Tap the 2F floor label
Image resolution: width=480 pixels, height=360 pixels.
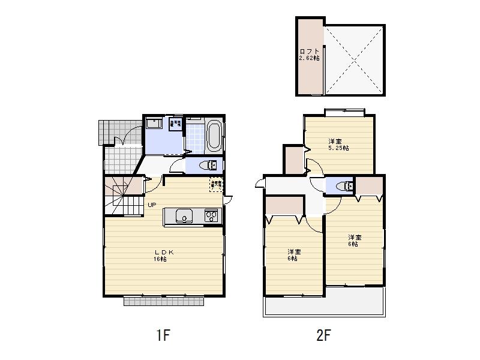(323, 335)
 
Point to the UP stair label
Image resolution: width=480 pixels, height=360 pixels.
(152, 205)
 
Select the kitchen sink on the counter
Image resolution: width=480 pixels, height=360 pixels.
(182, 215)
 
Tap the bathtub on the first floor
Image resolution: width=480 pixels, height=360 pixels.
(214, 136)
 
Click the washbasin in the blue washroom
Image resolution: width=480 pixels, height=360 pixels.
(153, 124)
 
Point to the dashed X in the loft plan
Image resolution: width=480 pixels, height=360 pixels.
(355, 59)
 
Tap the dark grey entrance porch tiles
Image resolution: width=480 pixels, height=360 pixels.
(107, 132)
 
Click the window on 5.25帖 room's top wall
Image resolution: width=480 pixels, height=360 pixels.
(344, 111)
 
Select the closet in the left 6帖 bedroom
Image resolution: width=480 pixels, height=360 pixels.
(284, 208)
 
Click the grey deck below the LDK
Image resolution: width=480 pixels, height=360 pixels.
(164, 301)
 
